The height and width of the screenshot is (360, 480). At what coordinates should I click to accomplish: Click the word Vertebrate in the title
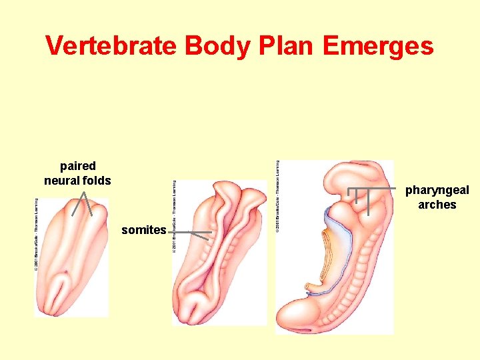click(x=111, y=46)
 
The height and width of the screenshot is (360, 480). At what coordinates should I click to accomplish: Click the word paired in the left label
click(x=77, y=166)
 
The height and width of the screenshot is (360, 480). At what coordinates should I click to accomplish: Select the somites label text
click(x=143, y=230)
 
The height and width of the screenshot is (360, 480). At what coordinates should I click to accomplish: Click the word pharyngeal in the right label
click(x=437, y=191)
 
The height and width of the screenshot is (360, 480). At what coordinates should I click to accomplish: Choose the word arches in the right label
click(x=437, y=205)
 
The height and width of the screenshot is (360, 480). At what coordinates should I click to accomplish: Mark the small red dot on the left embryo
click(x=66, y=271)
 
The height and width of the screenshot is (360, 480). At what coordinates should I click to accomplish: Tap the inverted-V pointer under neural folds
click(x=83, y=203)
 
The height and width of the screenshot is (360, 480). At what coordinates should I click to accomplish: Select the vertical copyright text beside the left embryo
click(x=37, y=233)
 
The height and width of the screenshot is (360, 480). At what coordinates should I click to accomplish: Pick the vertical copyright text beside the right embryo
click(x=278, y=197)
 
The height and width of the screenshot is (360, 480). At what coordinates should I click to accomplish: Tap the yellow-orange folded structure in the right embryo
click(x=326, y=257)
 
